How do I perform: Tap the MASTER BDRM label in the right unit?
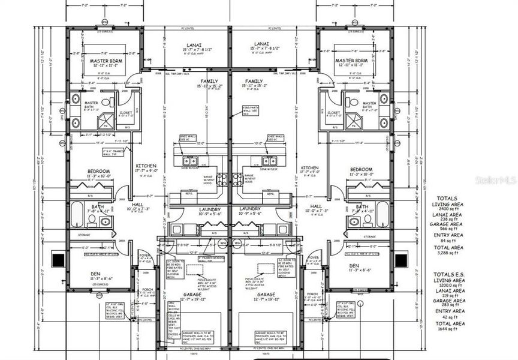click(351, 61)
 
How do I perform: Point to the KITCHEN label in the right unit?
click(309, 167)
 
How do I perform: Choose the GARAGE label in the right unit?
click(266, 295)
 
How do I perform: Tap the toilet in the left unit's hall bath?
click(106, 221)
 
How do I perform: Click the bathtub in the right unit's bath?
click(382, 214)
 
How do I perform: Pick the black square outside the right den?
click(401, 260)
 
